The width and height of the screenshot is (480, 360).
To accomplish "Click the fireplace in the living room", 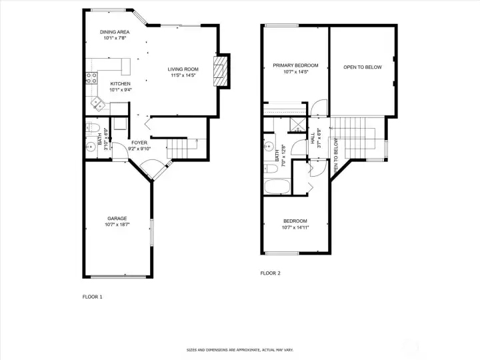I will pyautogui.click(x=220, y=72).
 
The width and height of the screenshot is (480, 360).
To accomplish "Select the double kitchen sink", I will pyautogui.click(x=98, y=103).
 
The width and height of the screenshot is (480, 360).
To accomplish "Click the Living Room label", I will pyautogui.click(x=183, y=69).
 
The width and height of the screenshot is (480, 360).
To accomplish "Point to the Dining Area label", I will pyautogui.click(x=115, y=32).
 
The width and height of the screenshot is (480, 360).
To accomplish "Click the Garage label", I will pyautogui.click(x=117, y=219).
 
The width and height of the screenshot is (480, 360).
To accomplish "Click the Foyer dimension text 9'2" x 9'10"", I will pyautogui.click(x=139, y=148).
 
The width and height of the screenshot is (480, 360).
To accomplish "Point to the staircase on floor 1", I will pyautogui.click(x=179, y=147).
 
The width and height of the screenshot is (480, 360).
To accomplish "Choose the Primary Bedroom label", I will pyautogui.click(x=295, y=65).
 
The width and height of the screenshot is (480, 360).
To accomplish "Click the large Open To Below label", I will pyautogui.click(x=362, y=67).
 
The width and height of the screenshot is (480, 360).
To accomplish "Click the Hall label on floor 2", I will pyautogui.click(x=313, y=139).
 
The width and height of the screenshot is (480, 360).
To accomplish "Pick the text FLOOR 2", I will pyautogui.click(x=270, y=273).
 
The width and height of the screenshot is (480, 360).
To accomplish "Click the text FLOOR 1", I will pyautogui.click(x=92, y=297).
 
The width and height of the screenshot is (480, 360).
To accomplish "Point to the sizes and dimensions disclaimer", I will pyautogui.click(x=239, y=350).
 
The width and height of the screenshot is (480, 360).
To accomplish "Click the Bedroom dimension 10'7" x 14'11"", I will pyautogui.click(x=295, y=227).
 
